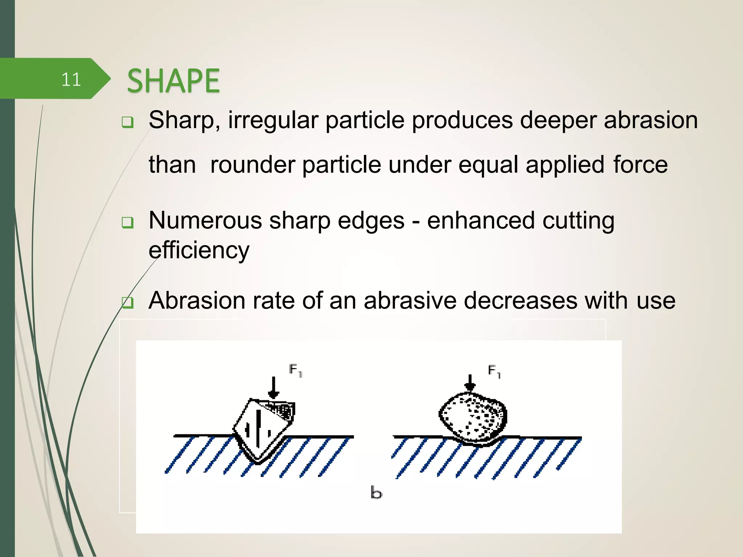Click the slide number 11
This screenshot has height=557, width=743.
(x=71, y=79)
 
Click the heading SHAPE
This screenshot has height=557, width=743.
(x=173, y=81)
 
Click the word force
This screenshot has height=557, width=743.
(x=640, y=165)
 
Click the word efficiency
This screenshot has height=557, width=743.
(x=199, y=250)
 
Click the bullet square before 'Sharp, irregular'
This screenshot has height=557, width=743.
(x=128, y=122)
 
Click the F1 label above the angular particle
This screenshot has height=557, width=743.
(x=296, y=371)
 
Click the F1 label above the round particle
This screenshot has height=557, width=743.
(x=494, y=371)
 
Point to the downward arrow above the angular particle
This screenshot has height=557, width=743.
(x=274, y=388)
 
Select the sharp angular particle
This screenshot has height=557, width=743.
(x=263, y=430)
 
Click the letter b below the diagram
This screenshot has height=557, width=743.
(x=376, y=493)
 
